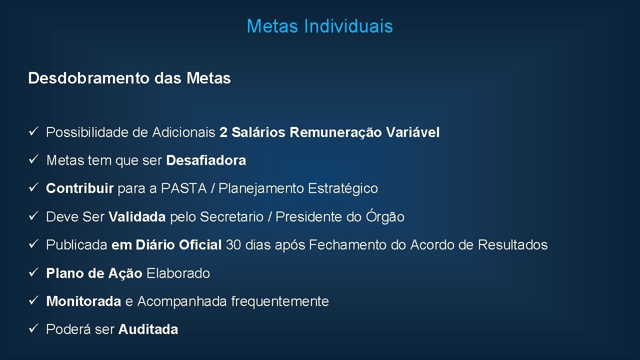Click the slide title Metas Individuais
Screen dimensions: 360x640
click(x=319, y=26)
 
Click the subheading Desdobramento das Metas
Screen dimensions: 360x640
click(x=129, y=78)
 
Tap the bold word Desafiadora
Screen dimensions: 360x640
click(x=206, y=160)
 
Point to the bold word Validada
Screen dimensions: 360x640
click(x=137, y=217)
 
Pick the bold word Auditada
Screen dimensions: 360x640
click(x=148, y=329)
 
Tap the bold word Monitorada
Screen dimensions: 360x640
click(x=83, y=301)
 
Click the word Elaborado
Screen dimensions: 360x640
click(x=178, y=273)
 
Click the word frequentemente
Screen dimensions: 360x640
click(x=280, y=301)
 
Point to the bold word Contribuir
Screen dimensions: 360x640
click(x=80, y=188)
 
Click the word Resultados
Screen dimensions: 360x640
click(x=512, y=245)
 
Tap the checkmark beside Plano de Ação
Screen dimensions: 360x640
click(x=32, y=273)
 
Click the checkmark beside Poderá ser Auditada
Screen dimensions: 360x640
click(x=32, y=329)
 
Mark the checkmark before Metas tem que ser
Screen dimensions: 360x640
click(x=32, y=160)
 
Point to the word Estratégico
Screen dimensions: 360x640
click(x=343, y=188)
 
